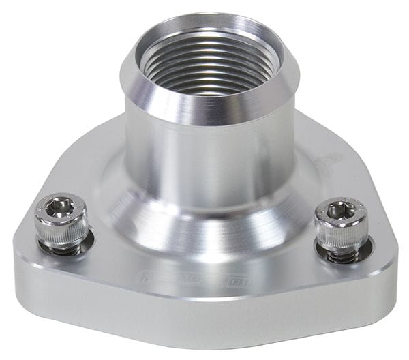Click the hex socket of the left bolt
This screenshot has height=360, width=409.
click(60, 205)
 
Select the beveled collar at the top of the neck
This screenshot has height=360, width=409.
click(204, 102)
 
